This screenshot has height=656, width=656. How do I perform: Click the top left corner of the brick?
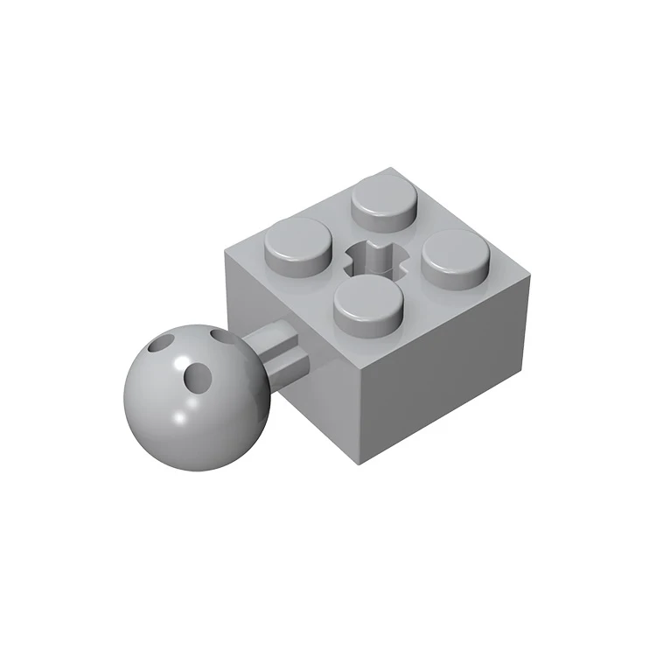[x=225, y=253]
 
